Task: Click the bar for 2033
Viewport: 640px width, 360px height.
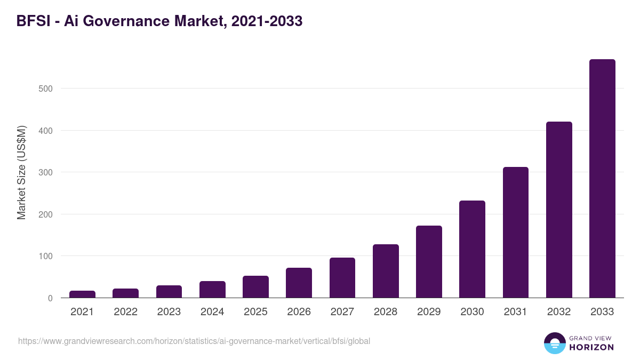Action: [602, 179]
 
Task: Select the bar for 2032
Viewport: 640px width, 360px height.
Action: [559, 210]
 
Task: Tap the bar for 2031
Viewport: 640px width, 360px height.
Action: [515, 233]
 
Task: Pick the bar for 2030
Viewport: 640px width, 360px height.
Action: [472, 249]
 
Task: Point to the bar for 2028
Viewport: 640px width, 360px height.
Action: [386, 271]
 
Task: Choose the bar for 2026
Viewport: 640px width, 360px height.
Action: [299, 283]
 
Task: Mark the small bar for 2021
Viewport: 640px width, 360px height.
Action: [82, 294]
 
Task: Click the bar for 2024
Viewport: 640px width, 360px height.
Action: [212, 290]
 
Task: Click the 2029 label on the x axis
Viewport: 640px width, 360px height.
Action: [429, 312]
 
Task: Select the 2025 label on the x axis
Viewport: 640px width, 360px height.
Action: [255, 312]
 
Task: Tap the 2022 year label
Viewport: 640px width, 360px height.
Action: [125, 312]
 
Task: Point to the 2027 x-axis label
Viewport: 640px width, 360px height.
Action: [342, 312]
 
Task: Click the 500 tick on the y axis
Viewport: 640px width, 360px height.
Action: [45, 89]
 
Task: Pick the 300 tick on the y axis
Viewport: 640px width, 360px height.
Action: [45, 172]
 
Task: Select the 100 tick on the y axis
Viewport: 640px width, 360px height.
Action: [45, 257]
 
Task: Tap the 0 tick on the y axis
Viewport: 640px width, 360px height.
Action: [50, 298]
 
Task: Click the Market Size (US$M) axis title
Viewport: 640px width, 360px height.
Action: [21, 172]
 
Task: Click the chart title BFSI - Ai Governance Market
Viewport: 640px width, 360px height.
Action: [159, 21]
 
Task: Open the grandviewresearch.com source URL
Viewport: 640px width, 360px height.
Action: [194, 341]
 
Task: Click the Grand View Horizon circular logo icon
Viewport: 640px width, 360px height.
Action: [554, 343]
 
